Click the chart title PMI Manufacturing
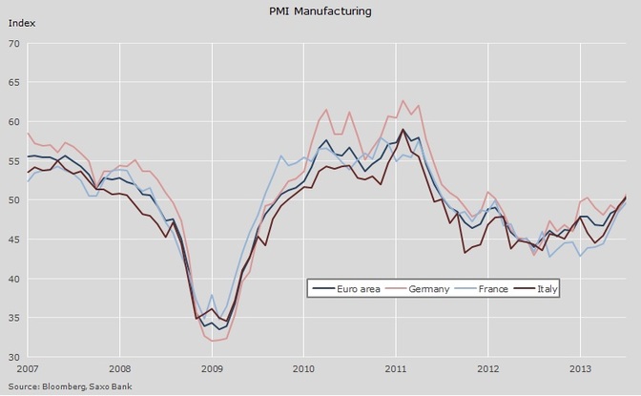click(320, 11)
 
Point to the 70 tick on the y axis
click(13, 43)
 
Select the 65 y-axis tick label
click(13, 82)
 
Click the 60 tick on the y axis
click(13, 122)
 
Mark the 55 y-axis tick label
click(13, 161)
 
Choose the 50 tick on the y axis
click(13, 200)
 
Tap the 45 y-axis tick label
click(13, 240)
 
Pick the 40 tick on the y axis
click(13, 279)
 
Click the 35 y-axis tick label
click(13, 319)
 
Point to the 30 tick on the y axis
click(13, 358)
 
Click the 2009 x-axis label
click(211, 367)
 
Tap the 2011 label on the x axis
click(396, 367)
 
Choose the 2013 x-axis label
click(581, 367)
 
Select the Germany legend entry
click(428, 287)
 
